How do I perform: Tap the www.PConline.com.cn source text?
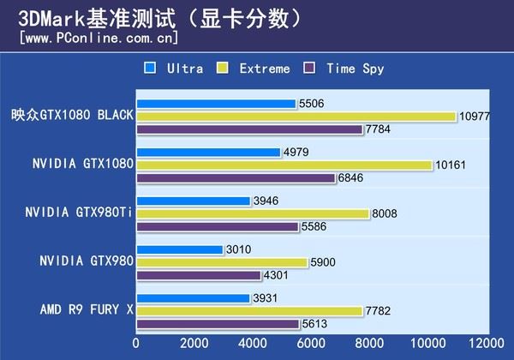coord(99,38)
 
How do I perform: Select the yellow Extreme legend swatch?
coord(224,68)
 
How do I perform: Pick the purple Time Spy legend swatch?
coord(311,68)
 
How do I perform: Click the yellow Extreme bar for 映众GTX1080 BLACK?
coord(296,117)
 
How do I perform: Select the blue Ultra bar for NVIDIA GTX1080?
coord(208,153)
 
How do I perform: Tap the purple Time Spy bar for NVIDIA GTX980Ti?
coord(217,227)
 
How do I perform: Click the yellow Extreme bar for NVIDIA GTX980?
coord(221,263)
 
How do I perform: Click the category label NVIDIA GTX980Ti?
coord(78,213)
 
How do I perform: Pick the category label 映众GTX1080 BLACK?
coord(72,116)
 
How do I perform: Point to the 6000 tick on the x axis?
coord(310,345)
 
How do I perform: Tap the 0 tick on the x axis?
coord(136,345)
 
